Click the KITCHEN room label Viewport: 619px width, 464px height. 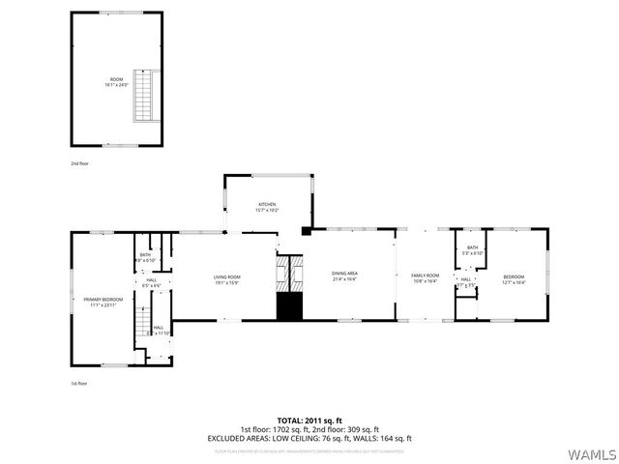[x=267, y=204]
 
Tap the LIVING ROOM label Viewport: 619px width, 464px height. [x=227, y=277]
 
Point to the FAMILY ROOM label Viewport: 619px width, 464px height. [x=426, y=275]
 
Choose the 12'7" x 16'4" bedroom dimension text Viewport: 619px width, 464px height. [x=514, y=282]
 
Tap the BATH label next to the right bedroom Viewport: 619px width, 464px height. [x=472, y=247]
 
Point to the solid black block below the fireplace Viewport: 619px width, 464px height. [x=290, y=306]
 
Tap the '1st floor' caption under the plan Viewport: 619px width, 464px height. [x=79, y=384]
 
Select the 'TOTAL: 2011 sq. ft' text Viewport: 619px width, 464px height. [x=309, y=420]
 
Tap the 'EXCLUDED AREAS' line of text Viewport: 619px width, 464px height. [x=309, y=438]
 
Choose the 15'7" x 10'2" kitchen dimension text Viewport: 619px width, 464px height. [x=267, y=210]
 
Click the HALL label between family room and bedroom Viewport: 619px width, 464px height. [x=466, y=279]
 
